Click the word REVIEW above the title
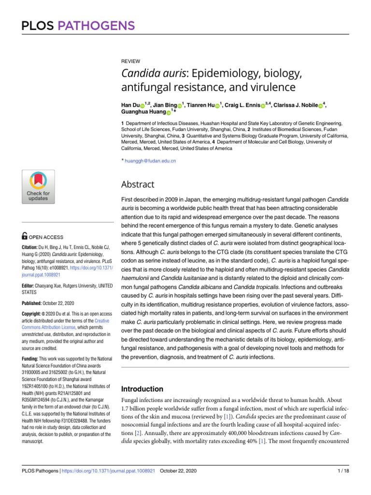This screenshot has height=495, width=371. pos(130,61)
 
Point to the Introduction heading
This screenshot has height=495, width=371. pos(142,389)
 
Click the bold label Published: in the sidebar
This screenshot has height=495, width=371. pos(33,304)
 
